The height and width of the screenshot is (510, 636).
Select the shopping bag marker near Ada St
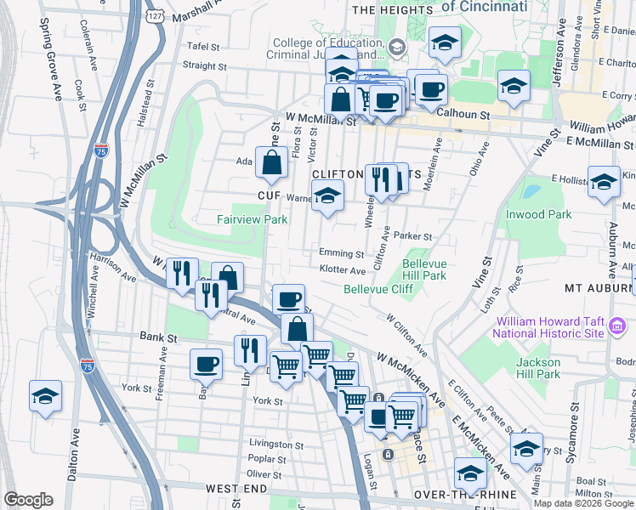click(271, 163)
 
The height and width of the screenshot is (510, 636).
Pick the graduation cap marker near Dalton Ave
click(46, 396)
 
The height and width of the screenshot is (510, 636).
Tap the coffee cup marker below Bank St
click(206, 365)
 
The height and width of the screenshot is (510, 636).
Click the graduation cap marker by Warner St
click(327, 196)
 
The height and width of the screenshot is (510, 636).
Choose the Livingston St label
click(276, 444)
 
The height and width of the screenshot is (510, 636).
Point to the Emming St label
click(341, 252)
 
